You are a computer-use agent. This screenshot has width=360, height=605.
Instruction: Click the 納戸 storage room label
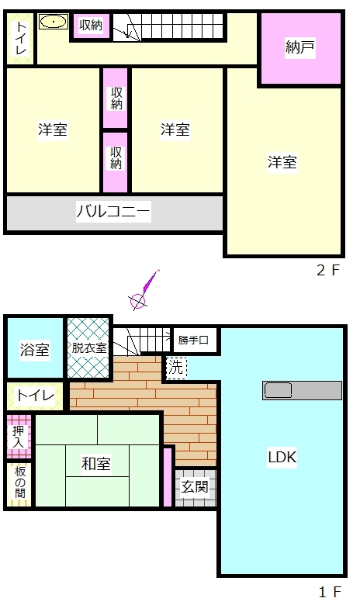click(x=299, y=47)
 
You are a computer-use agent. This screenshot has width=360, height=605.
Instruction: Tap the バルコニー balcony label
click(x=113, y=211)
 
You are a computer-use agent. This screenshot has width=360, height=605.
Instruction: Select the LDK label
click(x=282, y=457)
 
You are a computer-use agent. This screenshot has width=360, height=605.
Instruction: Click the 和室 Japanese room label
click(x=96, y=463)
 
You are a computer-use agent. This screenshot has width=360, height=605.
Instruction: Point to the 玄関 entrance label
click(x=195, y=486)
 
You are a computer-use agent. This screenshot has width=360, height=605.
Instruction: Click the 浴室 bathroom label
click(x=35, y=350)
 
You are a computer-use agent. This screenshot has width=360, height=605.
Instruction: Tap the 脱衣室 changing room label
click(x=89, y=347)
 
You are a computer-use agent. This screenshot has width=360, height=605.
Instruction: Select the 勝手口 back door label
click(x=193, y=340)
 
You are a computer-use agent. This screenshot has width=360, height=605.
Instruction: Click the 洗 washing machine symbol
click(x=176, y=368)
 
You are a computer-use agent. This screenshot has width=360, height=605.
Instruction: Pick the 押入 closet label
click(x=18, y=437)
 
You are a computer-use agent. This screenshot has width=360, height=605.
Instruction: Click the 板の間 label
click(x=20, y=482)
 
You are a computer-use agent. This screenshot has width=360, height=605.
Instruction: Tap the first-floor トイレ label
click(x=35, y=396)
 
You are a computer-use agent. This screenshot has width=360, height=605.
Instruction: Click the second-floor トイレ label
click(x=20, y=38)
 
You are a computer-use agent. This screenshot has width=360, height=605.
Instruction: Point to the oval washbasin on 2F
click(x=54, y=22)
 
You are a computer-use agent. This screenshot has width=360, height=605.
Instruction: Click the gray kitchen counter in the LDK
click(x=302, y=390)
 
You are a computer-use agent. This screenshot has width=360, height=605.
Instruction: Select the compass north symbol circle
click(x=137, y=302)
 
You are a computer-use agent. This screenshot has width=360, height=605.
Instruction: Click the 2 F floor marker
click(x=328, y=270)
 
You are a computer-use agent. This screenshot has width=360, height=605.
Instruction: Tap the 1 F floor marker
click(x=330, y=592)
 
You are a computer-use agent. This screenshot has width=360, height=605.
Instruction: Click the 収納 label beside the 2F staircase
click(x=91, y=26)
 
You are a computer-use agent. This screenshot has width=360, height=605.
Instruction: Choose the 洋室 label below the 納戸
click(x=282, y=162)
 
